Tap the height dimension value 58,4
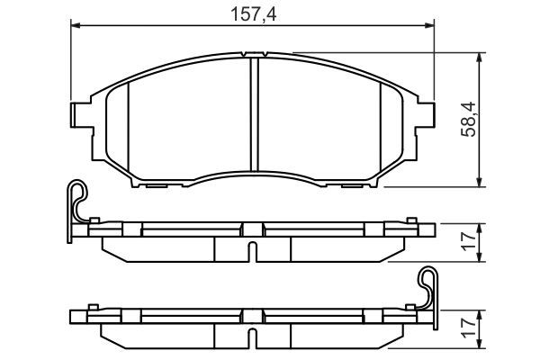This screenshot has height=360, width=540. click(467, 119)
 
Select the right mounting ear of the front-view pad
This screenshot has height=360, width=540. click(427, 114)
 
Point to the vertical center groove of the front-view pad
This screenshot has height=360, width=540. click(253, 112)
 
